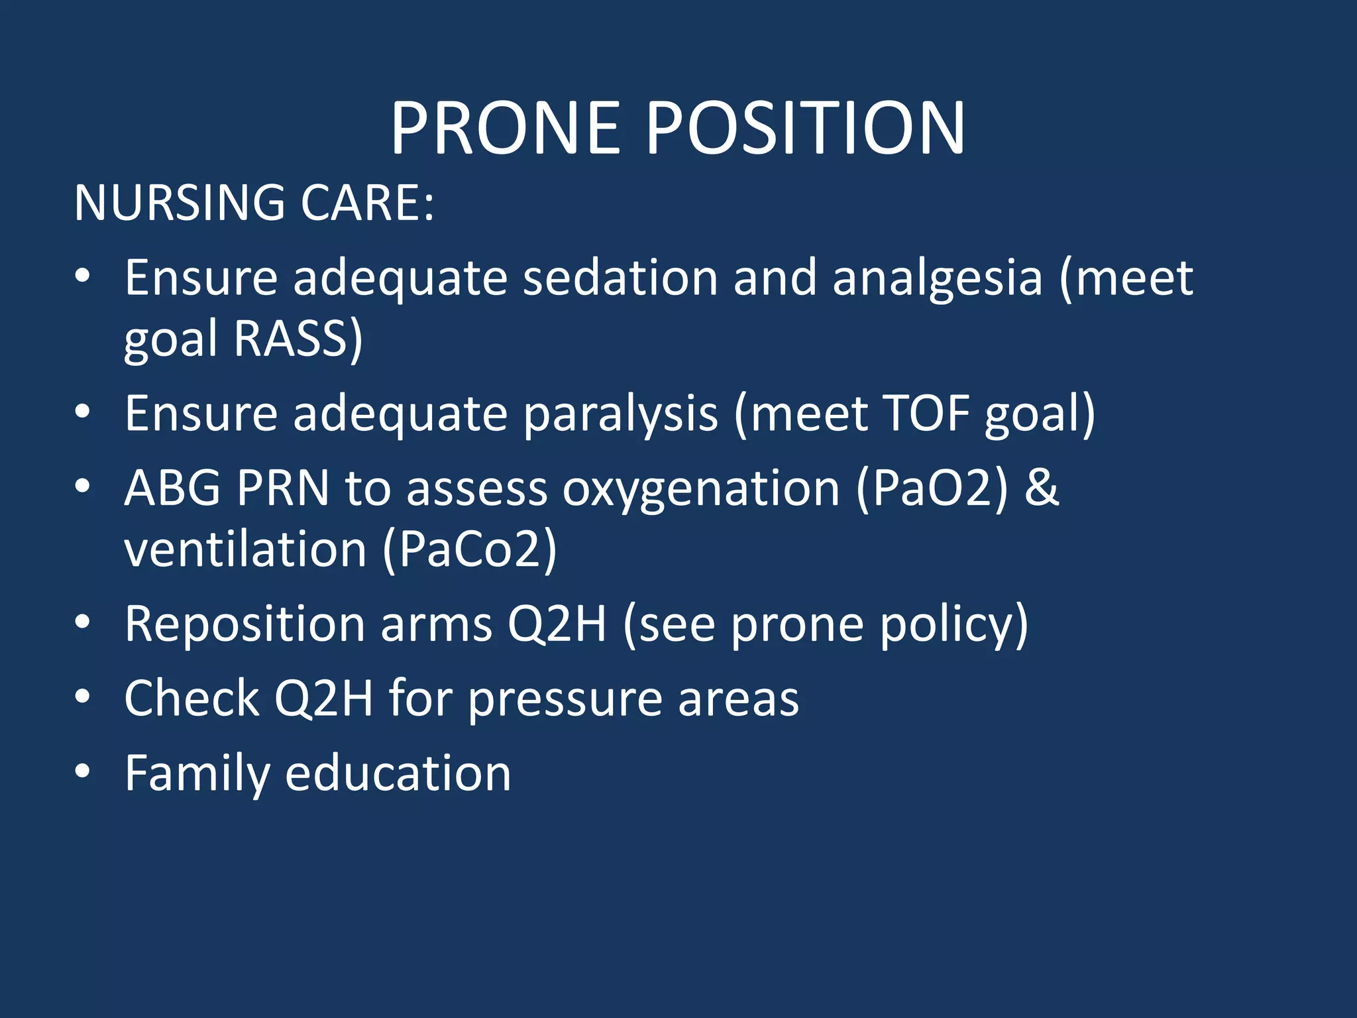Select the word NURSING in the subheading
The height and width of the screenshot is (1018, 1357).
[180, 202]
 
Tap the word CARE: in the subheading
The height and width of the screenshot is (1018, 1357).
[368, 202]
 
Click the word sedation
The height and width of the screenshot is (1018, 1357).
[620, 278]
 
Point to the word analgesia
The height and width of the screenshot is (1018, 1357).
[938, 278]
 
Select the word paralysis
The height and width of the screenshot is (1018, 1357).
[620, 414]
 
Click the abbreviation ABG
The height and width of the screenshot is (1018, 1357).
[172, 488]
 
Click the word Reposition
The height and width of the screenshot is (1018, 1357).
[244, 624]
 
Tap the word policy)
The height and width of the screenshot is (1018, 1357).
[953, 624]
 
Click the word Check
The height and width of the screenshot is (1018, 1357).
[191, 699]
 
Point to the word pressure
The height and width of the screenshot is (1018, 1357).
[565, 700]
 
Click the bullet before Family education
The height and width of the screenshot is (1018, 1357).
[82, 771]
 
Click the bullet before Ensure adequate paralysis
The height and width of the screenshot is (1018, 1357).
[82, 412]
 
